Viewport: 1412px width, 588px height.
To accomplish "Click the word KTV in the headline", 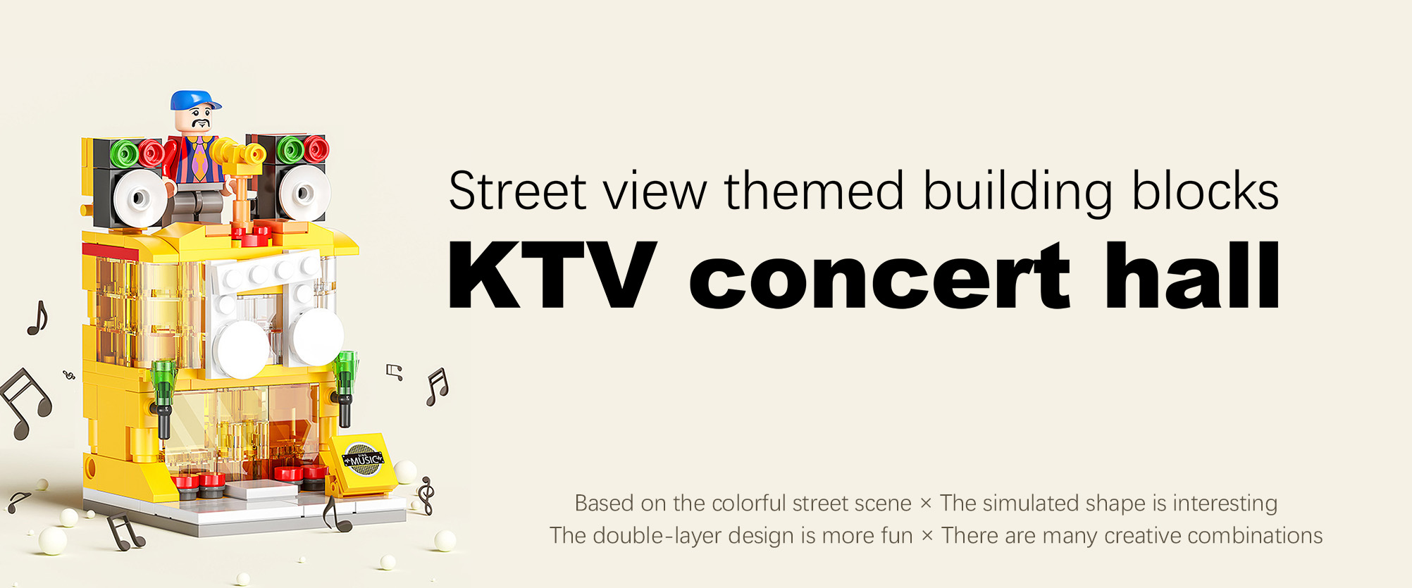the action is pos(552,275).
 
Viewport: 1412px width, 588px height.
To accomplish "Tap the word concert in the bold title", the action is pos(880,275).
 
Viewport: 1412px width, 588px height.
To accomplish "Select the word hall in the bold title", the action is pos(1192,275).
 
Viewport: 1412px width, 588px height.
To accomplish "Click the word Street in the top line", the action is pos(518,191).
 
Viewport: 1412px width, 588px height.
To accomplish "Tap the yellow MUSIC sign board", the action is pos(364,461).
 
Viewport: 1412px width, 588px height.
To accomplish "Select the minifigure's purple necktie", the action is pos(200,158).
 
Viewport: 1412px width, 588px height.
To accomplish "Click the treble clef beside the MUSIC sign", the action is pos(425,496).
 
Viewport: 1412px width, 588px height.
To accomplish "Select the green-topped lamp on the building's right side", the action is pos(345,388).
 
